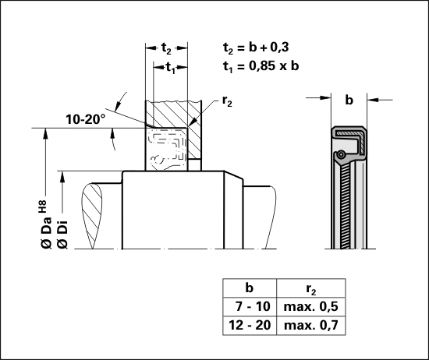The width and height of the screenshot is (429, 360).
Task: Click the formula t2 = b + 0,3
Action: click(x=256, y=48)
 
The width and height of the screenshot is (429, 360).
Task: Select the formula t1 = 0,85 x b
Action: click(x=261, y=66)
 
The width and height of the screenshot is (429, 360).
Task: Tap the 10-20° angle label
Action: click(x=86, y=119)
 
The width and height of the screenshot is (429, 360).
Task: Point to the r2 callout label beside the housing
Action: click(x=227, y=101)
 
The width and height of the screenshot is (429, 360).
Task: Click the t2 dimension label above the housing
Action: click(x=166, y=48)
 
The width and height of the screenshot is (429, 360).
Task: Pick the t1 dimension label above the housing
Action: click(x=171, y=68)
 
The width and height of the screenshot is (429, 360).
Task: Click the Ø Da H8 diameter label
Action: click(x=46, y=224)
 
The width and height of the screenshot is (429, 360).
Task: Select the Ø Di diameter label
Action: click(x=62, y=235)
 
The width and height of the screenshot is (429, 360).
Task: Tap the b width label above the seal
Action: click(x=349, y=100)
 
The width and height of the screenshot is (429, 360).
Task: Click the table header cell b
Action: click(x=250, y=288)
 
